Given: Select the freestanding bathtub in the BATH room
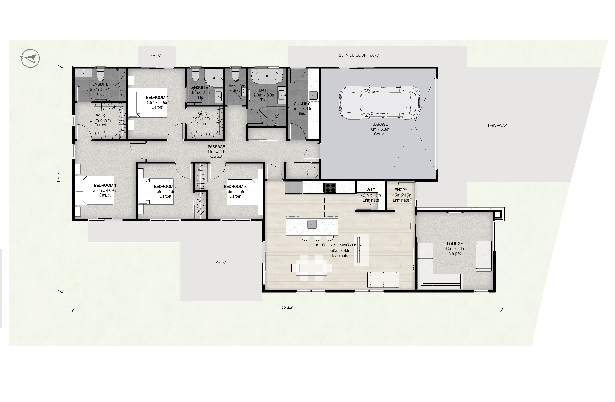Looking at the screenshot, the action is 267,76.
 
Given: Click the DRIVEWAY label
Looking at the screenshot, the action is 497,126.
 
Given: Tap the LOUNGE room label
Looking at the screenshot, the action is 455,244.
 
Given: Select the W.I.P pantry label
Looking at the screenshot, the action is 371,190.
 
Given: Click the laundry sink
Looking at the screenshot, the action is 313,95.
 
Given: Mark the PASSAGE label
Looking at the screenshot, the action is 216,147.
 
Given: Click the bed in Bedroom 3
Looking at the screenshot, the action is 245,192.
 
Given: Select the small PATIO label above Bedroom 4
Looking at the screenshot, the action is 156,55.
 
